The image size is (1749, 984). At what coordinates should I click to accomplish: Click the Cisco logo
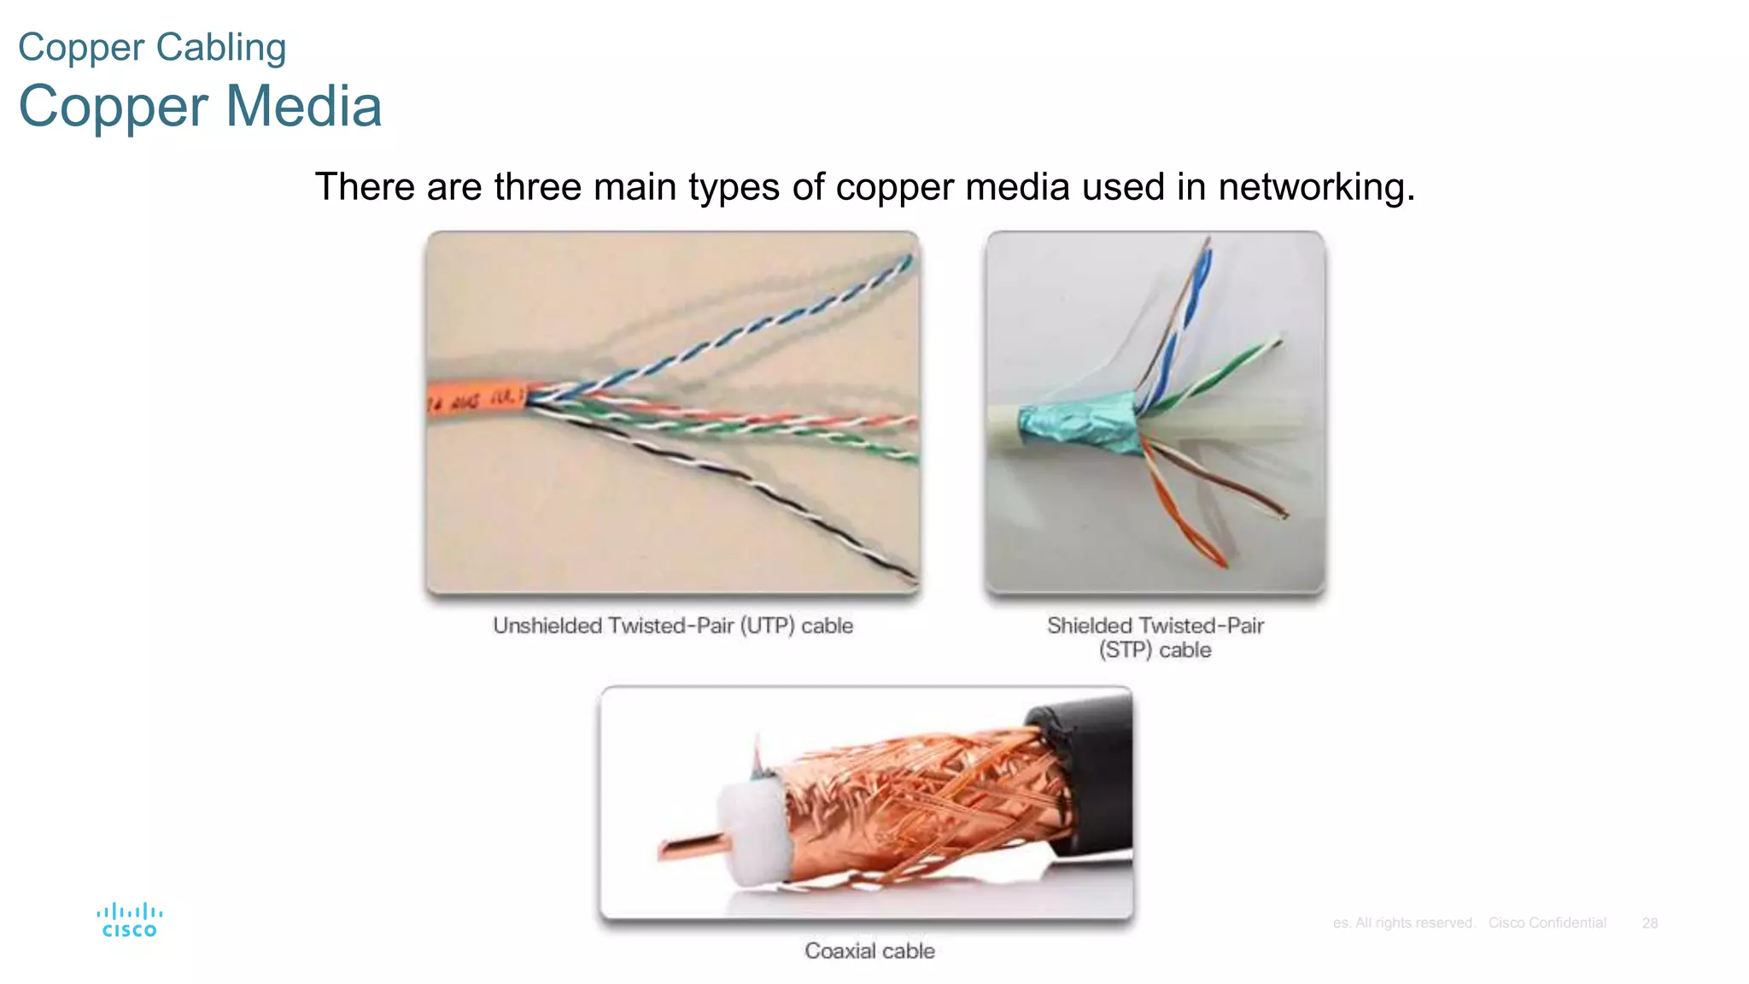pyautogui.click(x=129, y=920)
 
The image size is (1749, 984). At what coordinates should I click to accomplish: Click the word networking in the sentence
pyautogui.click(x=1315, y=187)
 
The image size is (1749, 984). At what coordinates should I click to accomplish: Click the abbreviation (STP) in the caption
pyautogui.click(x=1125, y=651)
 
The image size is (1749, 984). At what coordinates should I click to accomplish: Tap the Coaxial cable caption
pyautogui.click(x=869, y=951)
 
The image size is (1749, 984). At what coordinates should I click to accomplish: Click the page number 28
pyautogui.click(x=1649, y=923)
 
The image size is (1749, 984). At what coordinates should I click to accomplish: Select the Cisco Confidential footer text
pyautogui.click(x=1547, y=923)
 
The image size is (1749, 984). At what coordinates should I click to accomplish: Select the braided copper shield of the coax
pyautogui.click(x=922, y=799)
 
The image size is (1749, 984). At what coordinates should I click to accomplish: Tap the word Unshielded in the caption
pyautogui.click(x=547, y=626)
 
